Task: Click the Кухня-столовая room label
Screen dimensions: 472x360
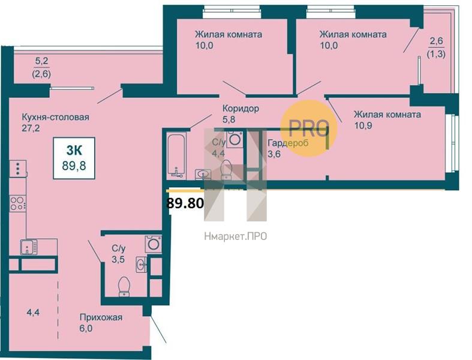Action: (55, 117)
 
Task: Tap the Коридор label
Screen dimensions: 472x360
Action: (240, 108)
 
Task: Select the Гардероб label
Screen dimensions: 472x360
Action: (288, 143)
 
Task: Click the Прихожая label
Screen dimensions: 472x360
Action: (101, 317)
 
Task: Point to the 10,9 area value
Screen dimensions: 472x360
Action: (363, 125)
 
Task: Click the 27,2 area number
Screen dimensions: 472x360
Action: (31, 128)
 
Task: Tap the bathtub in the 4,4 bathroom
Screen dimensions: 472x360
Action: (176, 155)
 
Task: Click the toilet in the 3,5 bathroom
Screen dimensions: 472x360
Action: (124, 286)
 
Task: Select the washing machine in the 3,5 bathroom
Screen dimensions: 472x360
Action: (153, 244)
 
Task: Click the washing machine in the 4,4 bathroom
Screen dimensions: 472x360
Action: (235, 139)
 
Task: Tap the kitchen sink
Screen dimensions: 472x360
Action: (29, 247)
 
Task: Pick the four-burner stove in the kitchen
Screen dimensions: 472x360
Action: (17, 203)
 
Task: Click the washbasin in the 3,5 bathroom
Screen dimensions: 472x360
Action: (141, 265)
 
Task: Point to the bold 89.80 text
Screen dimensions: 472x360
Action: (185, 203)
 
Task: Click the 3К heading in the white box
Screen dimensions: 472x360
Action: (74, 150)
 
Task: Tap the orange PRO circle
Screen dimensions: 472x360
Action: (308, 128)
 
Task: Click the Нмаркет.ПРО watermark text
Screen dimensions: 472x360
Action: (235, 236)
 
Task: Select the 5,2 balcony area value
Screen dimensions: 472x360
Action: (41, 61)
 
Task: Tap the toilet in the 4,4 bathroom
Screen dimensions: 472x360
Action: (226, 170)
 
